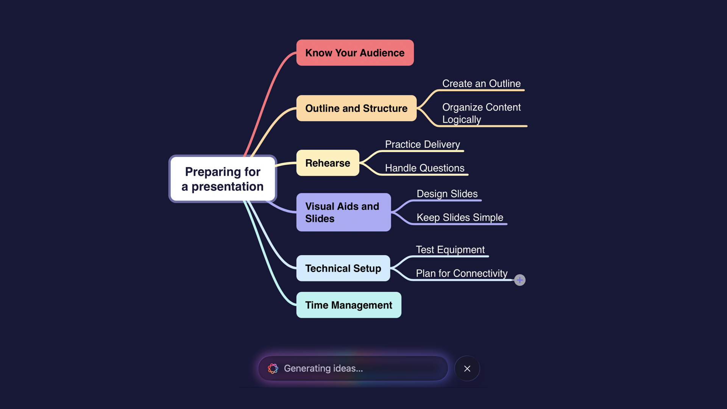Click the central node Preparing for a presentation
pyautogui.click(x=223, y=179)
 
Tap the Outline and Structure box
pyautogui.click(x=356, y=108)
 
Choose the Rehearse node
pyautogui.click(x=328, y=163)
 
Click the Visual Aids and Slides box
pyautogui.click(x=343, y=212)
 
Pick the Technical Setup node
pyautogui.click(x=343, y=268)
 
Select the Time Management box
pyautogui.click(x=348, y=305)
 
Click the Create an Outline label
pyautogui.click(x=481, y=83)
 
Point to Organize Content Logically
pyautogui.click(x=481, y=113)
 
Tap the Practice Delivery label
pyautogui.click(x=422, y=144)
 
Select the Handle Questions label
pyautogui.click(x=424, y=168)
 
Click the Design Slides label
pyautogui.click(x=447, y=194)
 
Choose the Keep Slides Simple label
pyautogui.click(x=460, y=217)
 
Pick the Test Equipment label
pyautogui.click(x=450, y=250)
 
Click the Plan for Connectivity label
pyautogui.click(x=461, y=273)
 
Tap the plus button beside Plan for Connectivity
pyautogui.click(x=520, y=280)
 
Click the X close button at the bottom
pyautogui.click(x=467, y=368)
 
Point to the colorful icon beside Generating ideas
pyautogui.click(x=273, y=368)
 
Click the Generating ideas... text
pyautogui.click(x=323, y=368)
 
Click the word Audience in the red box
pyautogui.click(x=382, y=53)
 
